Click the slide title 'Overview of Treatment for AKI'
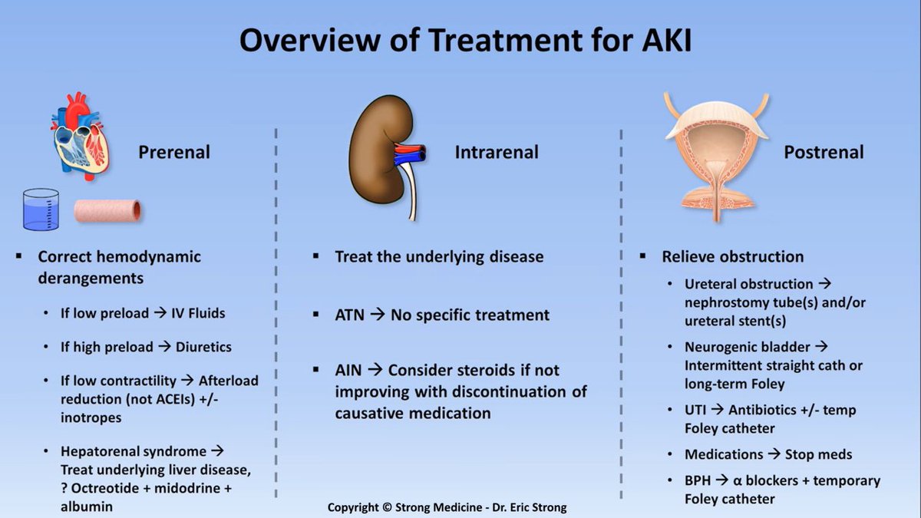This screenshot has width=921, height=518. pyautogui.click(x=465, y=41)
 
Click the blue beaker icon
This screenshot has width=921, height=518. pyautogui.click(x=41, y=210)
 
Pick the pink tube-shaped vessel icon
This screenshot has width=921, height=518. pyautogui.click(x=107, y=210)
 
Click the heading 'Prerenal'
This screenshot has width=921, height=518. pyautogui.click(x=174, y=152)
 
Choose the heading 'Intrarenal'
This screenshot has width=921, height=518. pyautogui.click(x=497, y=152)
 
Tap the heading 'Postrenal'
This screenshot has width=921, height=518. pyautogui.click(x=824, y=152)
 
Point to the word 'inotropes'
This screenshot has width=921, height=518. pyautogui.click(x=91, y=417)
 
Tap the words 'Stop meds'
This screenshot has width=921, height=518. pyautogui.click(x=819, y=454)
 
